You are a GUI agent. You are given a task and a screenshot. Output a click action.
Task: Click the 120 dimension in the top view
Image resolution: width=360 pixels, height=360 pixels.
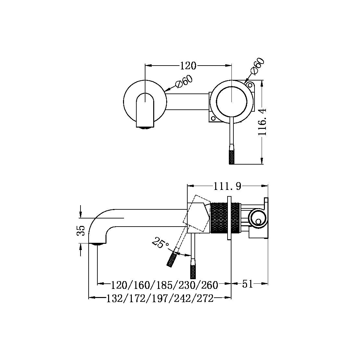[x=188, y=66]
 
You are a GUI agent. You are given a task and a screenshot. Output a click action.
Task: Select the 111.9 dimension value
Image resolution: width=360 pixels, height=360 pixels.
[x=227, y=186]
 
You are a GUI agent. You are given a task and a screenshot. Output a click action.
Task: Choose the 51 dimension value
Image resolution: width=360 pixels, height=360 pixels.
[x=247, y=284]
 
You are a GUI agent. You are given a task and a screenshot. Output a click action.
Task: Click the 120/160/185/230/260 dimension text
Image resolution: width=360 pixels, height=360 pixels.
[x=164, y=285]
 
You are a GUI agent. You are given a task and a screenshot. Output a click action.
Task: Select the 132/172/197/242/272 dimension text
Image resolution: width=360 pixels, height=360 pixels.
[x=160, y=298]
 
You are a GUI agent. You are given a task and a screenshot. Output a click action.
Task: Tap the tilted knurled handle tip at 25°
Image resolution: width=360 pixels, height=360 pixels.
[x=171, y=260]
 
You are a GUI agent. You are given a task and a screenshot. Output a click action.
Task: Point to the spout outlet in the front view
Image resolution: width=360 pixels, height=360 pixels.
[x=145, y=127]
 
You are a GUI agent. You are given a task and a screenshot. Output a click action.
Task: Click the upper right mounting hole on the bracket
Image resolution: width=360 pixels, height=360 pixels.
[x=250, y=85]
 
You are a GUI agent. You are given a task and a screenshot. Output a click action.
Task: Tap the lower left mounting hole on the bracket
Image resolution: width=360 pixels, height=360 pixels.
[x=213, y=119]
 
